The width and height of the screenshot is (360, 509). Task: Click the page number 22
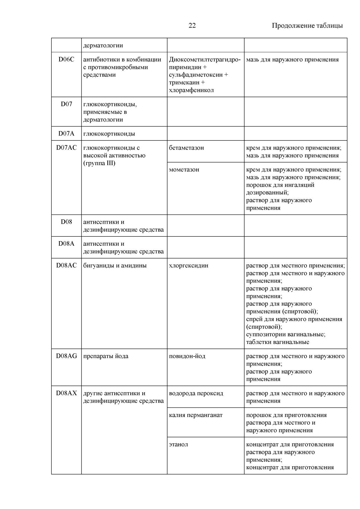[192, 26]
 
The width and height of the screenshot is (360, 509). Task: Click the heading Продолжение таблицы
[307, 26]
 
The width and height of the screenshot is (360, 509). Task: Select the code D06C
[66, 59]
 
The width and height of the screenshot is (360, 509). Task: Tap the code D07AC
[66, 148]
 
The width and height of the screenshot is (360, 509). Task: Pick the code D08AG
[66, 356]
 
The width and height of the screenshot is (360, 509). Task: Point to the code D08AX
[66, 393]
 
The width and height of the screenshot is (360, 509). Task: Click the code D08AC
[66, 266]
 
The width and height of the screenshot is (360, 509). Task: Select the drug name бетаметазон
[186, 148]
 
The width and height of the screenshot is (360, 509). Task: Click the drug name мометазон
[184, 169]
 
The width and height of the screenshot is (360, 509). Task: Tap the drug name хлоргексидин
[189, 266]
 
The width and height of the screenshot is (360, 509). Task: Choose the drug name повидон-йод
[187, 356]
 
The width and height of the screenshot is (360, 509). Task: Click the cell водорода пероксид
[196, 393]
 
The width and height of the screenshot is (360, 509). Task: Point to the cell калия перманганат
[196, 415]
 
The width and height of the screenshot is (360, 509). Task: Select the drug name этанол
[178, 444]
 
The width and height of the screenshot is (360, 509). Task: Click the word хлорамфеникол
[191, 90]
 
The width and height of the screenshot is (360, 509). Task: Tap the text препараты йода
[106, 356]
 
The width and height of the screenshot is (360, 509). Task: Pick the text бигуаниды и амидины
[115, 266]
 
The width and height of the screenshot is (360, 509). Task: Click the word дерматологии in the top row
[103, 45]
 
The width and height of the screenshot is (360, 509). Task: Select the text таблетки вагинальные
[278, 342]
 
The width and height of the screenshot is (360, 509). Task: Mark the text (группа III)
[99, 163]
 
